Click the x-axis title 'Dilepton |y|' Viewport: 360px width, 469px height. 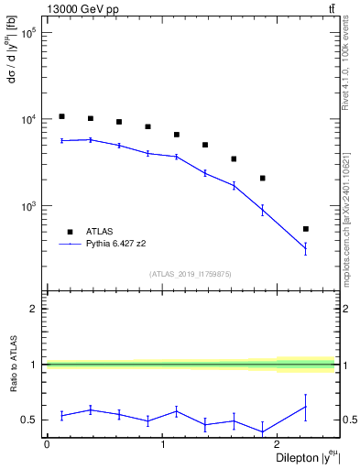pyautogui.click(x=300, y=458)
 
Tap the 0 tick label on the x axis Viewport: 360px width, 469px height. pyautogui.click(x=47, y=443)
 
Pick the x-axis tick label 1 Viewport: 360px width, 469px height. pyautogui.click(x=162, y=443)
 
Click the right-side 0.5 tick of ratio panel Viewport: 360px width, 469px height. pyautogui.click(x=349, y=420)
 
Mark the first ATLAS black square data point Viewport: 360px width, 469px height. pyautogui.click(x=61, y=116)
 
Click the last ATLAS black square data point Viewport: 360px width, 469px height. pyautogui.click(x=306, y=229)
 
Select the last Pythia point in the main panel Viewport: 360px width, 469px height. pyautogui.click(x=306, y=248)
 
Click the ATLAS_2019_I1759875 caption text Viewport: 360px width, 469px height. pyautogui.click(x=190, y=273)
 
